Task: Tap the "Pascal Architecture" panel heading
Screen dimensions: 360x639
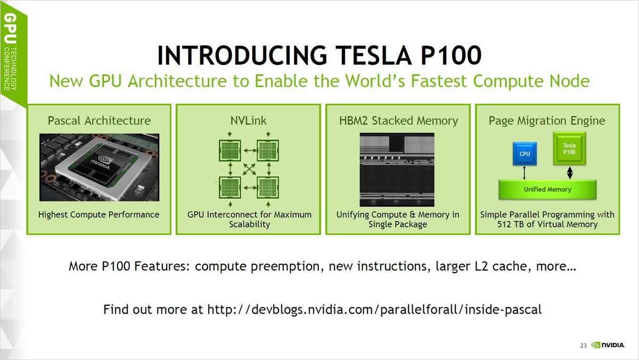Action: [x=99, y=120]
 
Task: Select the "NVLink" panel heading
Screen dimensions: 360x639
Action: [x=248, y=120]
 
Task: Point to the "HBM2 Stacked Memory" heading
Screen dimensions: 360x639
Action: [x=398, y=120]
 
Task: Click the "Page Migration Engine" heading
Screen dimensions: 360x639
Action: [x=547, y=120]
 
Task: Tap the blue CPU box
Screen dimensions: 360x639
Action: [x=525, y=153]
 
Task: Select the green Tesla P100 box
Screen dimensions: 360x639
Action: [x=569, y=149]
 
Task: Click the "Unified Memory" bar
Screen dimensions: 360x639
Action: [x=547, y=189]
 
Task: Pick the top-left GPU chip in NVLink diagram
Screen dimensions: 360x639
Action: [x=230, y=151]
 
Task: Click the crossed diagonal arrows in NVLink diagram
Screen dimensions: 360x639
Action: [x=249, y=169]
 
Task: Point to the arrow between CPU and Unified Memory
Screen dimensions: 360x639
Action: [x=525, y=173]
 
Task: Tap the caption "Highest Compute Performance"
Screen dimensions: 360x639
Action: [x=99, y=215]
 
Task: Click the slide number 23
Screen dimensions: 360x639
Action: [x=583, y=346]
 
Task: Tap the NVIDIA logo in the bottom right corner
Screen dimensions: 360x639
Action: [x=608, y=346]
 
